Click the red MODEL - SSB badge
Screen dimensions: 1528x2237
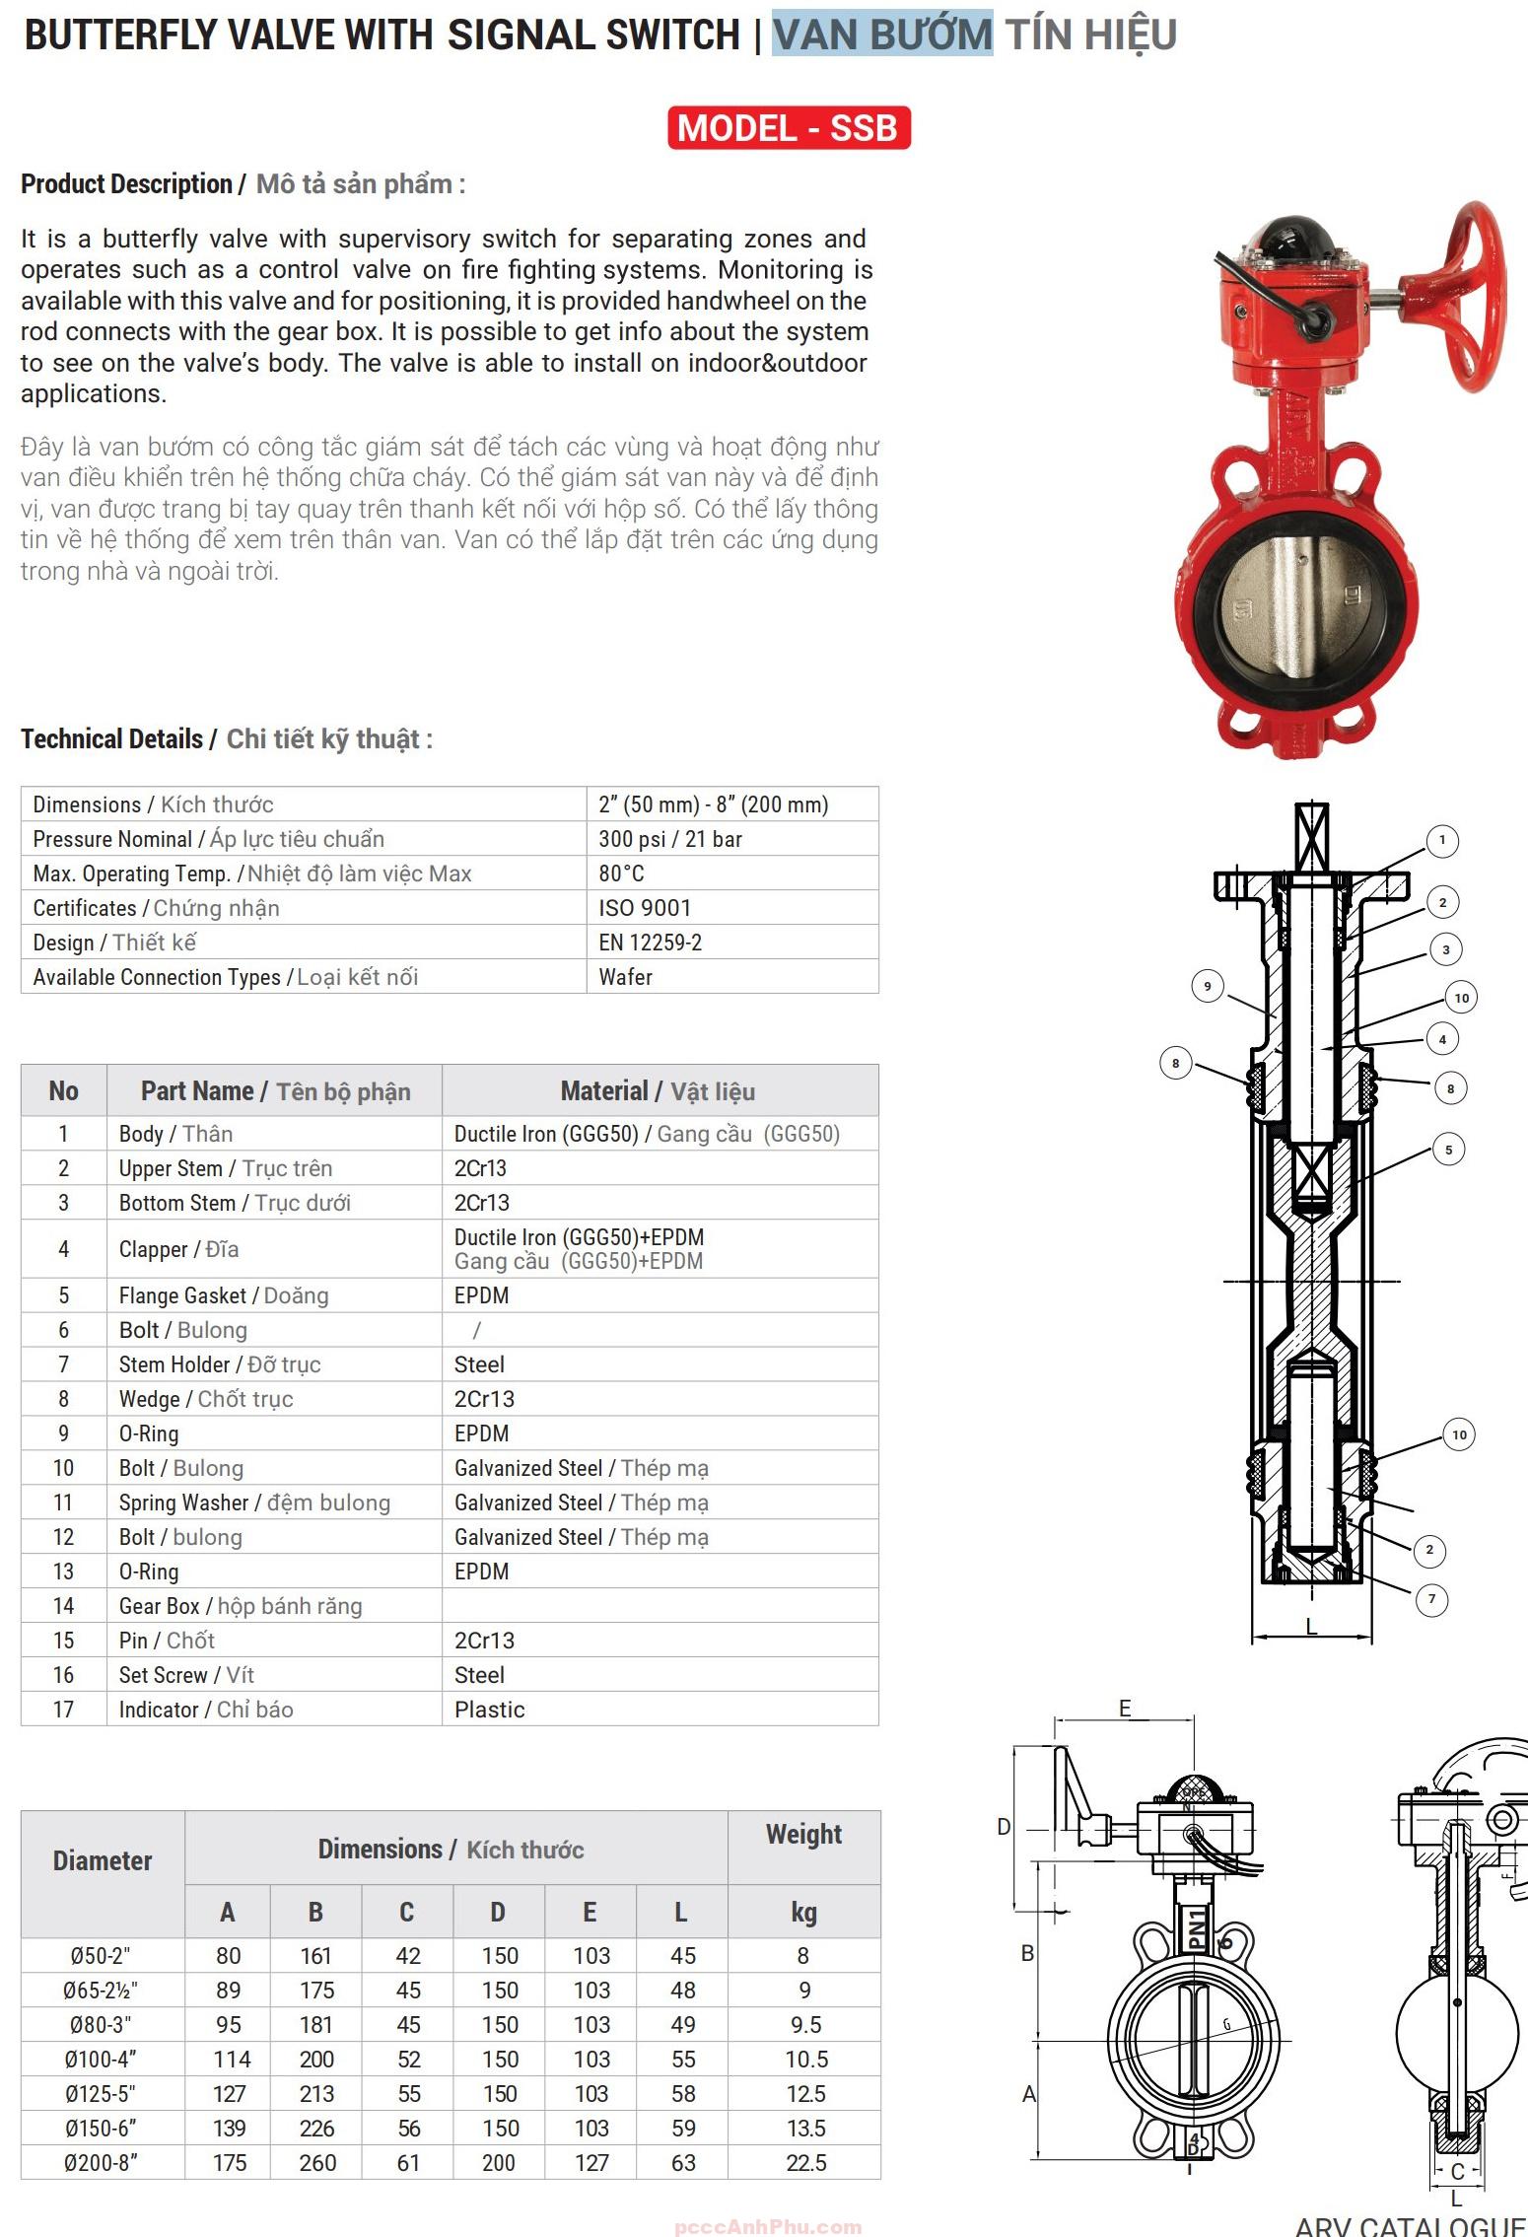(x=788, y=128)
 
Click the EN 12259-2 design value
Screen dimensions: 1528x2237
(x=650, y=943)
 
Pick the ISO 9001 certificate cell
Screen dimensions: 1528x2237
(x=645, y=908)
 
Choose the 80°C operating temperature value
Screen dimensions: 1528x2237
(x=621, y=874)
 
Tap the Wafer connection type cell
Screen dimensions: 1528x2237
(x=625, y=977)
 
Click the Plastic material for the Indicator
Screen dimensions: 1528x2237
(x=489, y=1710)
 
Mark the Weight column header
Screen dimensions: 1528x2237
(x=803, y=1835)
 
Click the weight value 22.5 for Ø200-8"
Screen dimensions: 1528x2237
(x=805, y=2163)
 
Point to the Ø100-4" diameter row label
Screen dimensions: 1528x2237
(x=102, y=2060)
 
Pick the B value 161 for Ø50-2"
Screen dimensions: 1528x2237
(x=315, y=1956)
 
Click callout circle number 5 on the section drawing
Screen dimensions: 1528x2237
(x=1448, y=1150)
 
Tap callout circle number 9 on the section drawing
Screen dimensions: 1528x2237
(x=1208, y=986)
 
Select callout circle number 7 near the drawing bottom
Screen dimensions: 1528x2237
(x=1432, y=1599)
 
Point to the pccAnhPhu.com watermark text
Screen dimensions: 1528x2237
(x=768, y=2227)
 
